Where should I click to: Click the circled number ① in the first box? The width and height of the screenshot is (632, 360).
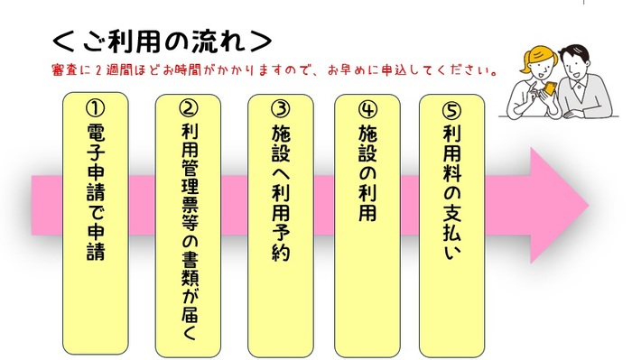(95, 107)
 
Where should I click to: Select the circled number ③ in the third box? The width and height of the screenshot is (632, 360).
(281, 108)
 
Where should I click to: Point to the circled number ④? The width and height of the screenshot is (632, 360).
(367, 108)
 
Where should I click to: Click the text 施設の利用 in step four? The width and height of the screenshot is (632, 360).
(367, 172)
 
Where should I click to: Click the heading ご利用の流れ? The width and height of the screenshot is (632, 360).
(163, 42)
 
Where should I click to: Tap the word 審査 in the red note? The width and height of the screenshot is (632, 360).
(65, 69)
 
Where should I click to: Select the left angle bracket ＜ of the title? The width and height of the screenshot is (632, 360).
(63, 42)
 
